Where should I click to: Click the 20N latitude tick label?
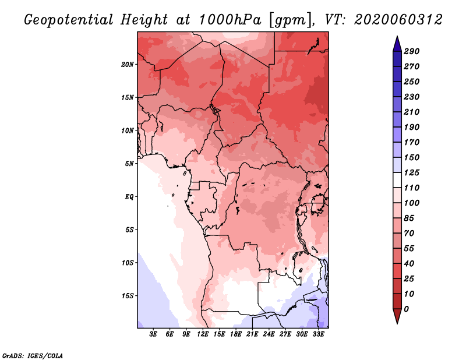128,64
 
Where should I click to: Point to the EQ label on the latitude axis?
129,196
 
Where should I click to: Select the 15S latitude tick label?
128,295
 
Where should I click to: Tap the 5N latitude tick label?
129,163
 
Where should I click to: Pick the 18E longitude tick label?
236,334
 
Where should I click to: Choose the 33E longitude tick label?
318,334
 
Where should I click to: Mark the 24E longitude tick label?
269,334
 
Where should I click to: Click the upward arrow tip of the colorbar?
397,38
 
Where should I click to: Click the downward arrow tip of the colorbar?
397,322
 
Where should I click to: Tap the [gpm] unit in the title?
288,19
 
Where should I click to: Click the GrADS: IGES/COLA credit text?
32,355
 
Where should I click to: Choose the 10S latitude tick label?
128,262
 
